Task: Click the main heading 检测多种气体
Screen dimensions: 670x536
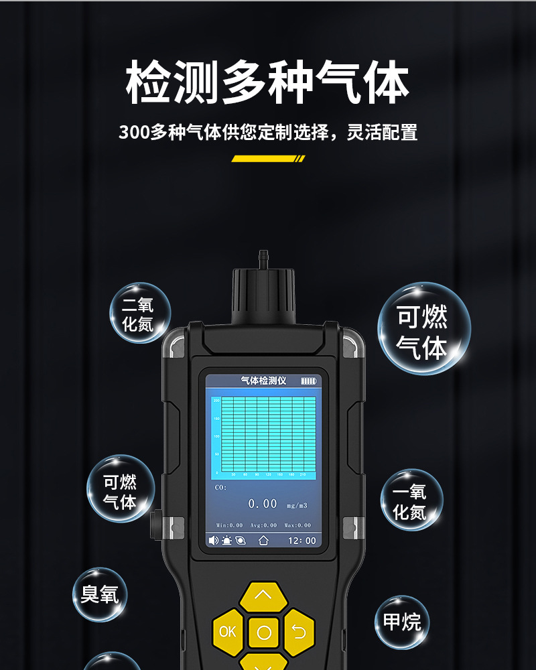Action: pyautogui.click(x=267, y=83)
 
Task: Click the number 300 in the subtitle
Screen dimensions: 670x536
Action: pyautogui.click(x=134, y=132)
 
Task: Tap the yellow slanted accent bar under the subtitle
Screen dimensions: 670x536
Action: pyautogui.click(x=268, y=159)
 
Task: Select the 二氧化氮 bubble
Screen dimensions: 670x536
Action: pyautogui.click(x=139, y=314)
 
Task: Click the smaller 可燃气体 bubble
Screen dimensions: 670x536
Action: pyautogui.click(x=121, y=490)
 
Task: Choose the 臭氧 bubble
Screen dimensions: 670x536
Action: pyautogui.click(x=99, y=594)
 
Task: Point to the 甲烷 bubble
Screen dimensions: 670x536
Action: pyautogui.click(x=401, y=622)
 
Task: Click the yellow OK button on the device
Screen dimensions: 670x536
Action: pyautogui.click(x=228, y=631)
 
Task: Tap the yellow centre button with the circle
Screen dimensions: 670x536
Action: pyautogui.click(x=264, y=632)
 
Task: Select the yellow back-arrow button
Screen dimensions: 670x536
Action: pyautogui.click(x=299, y=631)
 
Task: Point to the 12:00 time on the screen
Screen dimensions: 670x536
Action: pyautogui.click(x=301, y=540)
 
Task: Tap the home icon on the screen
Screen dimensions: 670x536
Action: pyautogui.click(x=263, y=540)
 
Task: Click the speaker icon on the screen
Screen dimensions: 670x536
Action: pyautogui.click(x=214, y=540)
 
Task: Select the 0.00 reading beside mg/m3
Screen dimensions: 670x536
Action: pyautogui.click(x=263, y=504)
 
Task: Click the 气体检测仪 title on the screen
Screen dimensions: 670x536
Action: pyautogui.click(x=263, y=381)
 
